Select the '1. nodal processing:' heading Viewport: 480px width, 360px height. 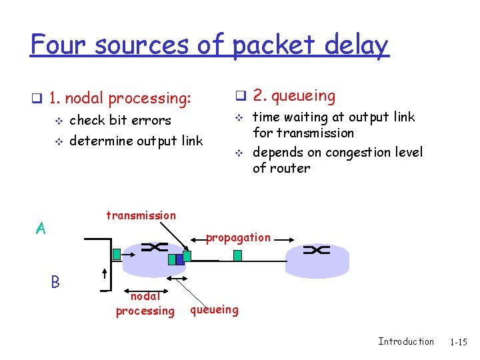[x=120, y=99]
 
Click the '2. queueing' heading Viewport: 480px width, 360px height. [x=294, y=96]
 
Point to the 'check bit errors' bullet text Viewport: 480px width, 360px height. [x=120, y=121]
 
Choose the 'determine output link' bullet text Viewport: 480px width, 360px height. [x=136, y=141]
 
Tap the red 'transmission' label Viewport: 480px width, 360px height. [x=141, y=215]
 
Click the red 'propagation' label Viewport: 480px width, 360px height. [x=238, y=237]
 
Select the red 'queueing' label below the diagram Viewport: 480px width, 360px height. [x=214, y=309]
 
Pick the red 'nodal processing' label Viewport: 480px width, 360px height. [x=145, y=304]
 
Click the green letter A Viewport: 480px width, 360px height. [x=41, y=229]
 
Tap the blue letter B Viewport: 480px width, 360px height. [x=55, y=283]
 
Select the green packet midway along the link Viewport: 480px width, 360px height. [x=238, y=255]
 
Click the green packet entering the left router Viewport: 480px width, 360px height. [x=117, y=254]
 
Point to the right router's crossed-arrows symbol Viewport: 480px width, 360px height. [x=316, y=250]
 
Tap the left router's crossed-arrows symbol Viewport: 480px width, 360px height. [x=154, y=247]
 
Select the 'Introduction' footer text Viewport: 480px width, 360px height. [x=405, y=341]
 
